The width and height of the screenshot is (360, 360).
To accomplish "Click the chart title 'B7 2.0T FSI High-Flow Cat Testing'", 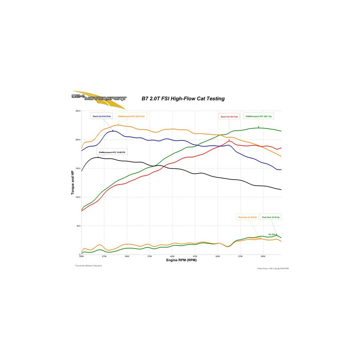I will [x=183, y=98].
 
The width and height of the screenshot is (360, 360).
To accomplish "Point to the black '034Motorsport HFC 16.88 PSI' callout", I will [x=112, y=152].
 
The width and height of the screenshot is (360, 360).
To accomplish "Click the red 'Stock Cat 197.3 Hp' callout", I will [x=229, y=117].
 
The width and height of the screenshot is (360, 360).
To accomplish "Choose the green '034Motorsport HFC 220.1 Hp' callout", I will [x=259, y=116].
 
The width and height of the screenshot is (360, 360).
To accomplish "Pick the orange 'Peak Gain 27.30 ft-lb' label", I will [x=246, y=217].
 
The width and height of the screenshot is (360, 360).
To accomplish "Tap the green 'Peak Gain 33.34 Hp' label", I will [x=270, y=217].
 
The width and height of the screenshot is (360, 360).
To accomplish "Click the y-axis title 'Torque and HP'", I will [x=73, y=182].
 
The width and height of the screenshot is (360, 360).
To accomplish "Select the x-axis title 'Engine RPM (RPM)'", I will [x=181, y=260].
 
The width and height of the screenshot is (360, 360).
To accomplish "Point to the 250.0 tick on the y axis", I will [x=78, y=111].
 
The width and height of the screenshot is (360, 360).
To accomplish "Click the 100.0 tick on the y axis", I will [x=78, y=197].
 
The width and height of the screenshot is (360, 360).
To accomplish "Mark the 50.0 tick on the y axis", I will [x=78, y=226].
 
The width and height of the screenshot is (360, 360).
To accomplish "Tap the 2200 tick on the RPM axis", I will [x=82, y=256].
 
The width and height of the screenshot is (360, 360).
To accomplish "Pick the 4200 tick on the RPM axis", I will [x=172, y=256].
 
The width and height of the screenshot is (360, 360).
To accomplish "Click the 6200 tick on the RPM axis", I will [x=263, y=256].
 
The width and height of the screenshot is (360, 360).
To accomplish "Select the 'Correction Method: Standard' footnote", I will [x=88, y=266].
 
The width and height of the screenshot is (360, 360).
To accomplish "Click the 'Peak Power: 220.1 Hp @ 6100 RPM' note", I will [x=273, y=268].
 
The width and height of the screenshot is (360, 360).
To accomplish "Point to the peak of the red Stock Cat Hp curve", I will [x=229, y=140].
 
